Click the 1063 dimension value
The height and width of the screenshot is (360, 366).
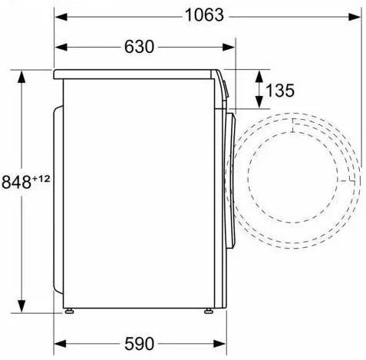click(x=204, y=15)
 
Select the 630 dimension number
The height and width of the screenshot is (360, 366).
click(x=139, y=47)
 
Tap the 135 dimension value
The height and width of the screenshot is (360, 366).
click(x=280, y=90)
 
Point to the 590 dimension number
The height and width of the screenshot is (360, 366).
click(x=139, y=343)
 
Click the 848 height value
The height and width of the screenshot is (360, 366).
click(x=16, y=182)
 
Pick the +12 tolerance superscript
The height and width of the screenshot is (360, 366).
click(x=41, y=179)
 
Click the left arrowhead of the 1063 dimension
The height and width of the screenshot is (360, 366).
click(x=61, y=17)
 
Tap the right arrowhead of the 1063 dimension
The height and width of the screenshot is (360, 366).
click(x=354, y=17)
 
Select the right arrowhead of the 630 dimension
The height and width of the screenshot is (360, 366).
click(x=229, y=48)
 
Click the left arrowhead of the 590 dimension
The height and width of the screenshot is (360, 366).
click(x=61, y=344)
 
